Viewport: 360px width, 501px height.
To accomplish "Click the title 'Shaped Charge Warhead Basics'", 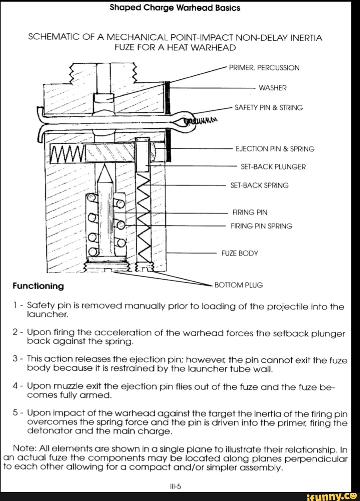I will tap(175, 8).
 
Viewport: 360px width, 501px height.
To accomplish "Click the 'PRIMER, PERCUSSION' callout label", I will tap(264, 68).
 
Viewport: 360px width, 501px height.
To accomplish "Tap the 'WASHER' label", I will tap(273, 88).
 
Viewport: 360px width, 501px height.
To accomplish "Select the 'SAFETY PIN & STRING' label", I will tap(269, 108).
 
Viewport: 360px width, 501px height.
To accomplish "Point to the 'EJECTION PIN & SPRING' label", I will tap(275, 149).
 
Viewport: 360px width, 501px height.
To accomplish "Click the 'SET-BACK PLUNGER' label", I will tap(273, 167).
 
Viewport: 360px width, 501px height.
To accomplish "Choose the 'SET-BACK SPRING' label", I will tap(259, 186).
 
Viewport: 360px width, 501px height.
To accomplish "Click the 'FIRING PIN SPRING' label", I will tap(261, 226).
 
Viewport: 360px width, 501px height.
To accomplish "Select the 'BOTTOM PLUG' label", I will tap(238, 285).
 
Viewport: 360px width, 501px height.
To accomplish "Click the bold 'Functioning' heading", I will tap(38, 286).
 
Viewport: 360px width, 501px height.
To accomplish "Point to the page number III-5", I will tap(175, 485).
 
